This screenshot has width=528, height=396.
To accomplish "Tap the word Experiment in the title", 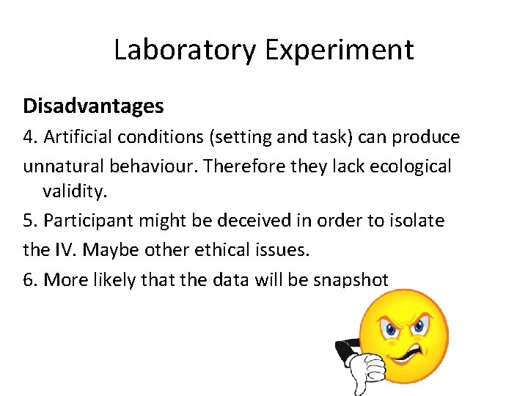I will coord(340,50).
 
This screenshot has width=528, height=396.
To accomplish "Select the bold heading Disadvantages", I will coord(93,106).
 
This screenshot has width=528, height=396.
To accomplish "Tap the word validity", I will coord(75,192).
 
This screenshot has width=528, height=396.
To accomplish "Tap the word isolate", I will coord(414,221).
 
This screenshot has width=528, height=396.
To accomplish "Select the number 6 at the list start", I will coord(29,279).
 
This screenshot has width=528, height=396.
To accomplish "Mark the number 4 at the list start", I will coord(29,138).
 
